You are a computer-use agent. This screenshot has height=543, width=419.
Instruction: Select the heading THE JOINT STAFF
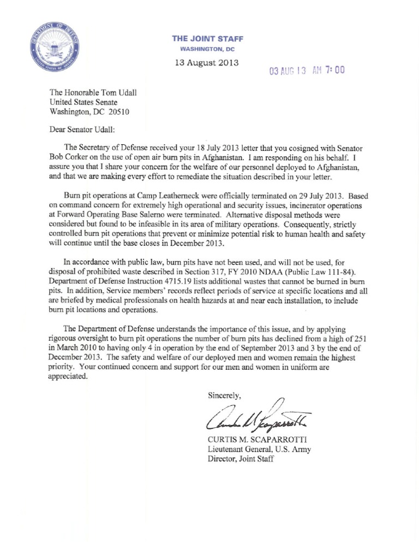[207, 39]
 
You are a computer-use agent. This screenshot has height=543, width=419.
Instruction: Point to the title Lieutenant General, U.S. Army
[259, 450]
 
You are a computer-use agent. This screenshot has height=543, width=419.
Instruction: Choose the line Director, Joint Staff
[240, 459]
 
